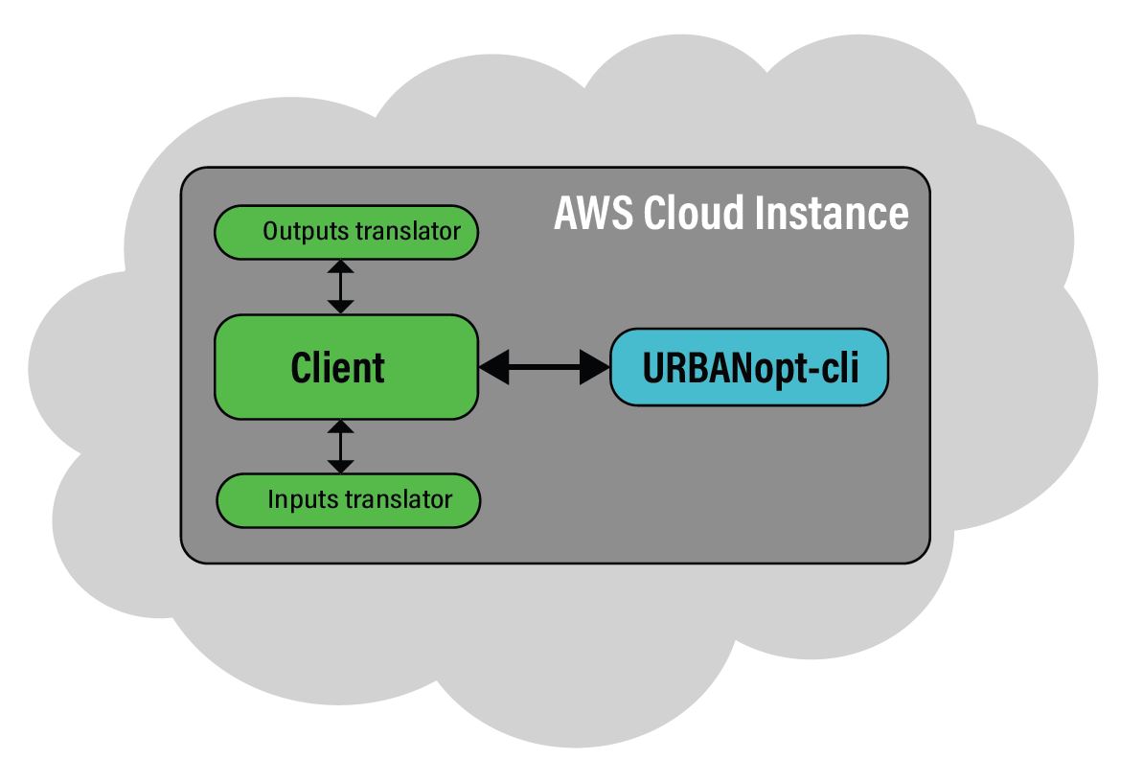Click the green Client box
coord(346,367)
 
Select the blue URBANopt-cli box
coord(748,367)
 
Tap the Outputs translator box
coord(346,232)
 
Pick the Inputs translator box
coord(349,500)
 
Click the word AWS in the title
coord(593,213)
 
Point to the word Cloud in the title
coord(694,213)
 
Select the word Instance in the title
coord(832,213)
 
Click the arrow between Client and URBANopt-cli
coord(544,367)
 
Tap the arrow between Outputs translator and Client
coord(340,287)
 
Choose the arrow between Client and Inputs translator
coord(340,447)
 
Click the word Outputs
coord(307,231)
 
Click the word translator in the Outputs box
coord(408,231)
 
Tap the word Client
coord(337,368)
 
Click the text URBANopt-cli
coord(750,368)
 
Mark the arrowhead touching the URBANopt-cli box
coord(595,367)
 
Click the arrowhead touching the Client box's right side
coord(494,367)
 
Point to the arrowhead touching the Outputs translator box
coord(340,267)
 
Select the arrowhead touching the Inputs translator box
coord(340,467)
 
